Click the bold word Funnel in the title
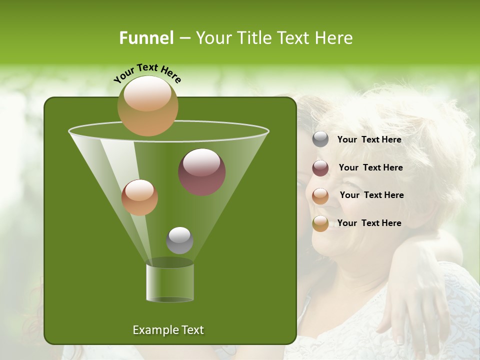(146, 38)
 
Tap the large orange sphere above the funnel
(147, 106)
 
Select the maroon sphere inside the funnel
(202, 172)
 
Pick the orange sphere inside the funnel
(139, 197)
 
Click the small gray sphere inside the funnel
(179, 240)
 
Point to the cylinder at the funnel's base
(170, 282)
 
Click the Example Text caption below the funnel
(168, 330)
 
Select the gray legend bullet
(320, 139)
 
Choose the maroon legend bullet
(320, 168)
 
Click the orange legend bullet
(320, 196)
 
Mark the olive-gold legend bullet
(320, 223)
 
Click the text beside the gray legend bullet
(369, 139)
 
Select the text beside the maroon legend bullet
(370, 167)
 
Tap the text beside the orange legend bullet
(371, 195)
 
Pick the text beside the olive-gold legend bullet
(369, 223)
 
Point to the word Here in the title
(333, 38)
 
